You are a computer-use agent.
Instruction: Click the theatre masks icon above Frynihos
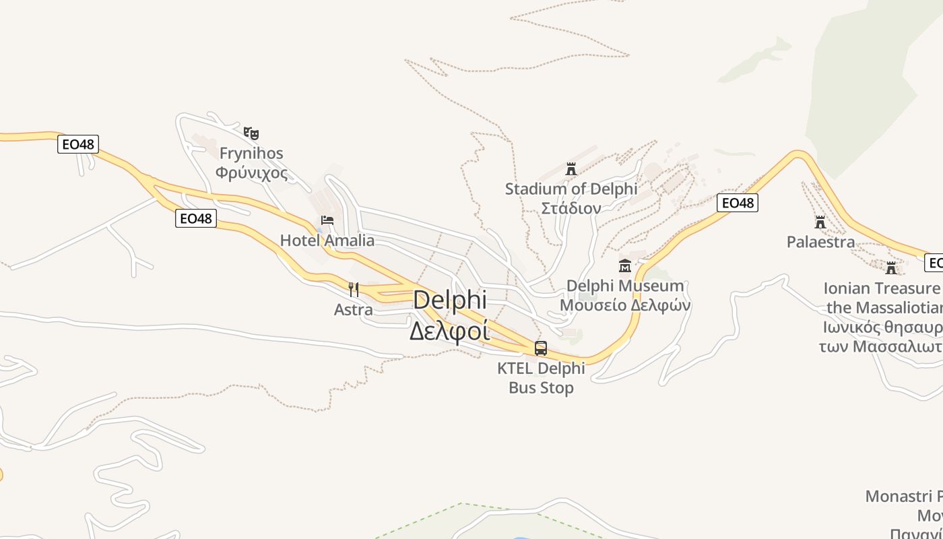tap(251, 133)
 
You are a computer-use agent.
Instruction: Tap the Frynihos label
tap(251, 153)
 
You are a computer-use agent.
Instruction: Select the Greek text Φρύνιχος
tap(251, 172)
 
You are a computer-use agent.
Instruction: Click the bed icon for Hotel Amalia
tap(327, 220)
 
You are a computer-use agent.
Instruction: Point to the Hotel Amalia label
tap(327, 241)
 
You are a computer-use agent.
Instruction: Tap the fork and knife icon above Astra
tap(354, 290)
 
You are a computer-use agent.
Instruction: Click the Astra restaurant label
tap(354, 309)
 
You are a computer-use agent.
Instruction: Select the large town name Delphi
tap(449, 300)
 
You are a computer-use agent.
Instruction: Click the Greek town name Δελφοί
tap(449, 331)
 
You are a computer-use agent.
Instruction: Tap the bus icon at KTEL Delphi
tap(541, 348)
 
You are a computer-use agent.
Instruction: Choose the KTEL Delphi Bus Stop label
tap(541, 378)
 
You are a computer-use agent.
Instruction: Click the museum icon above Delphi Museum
tap(625, 266)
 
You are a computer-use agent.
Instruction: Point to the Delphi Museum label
tap(625, 286)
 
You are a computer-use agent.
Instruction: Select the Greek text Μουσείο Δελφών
tap(625, 305)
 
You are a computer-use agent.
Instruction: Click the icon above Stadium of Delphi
tap(571, 168)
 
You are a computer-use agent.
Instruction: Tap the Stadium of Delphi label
tap(571, 189)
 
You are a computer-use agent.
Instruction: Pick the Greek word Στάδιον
tap(571, 208)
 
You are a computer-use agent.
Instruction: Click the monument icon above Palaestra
tap(820, 222)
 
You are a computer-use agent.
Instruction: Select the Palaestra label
tap(820, 241)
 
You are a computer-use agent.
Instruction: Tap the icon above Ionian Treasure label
tap(891, 268)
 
